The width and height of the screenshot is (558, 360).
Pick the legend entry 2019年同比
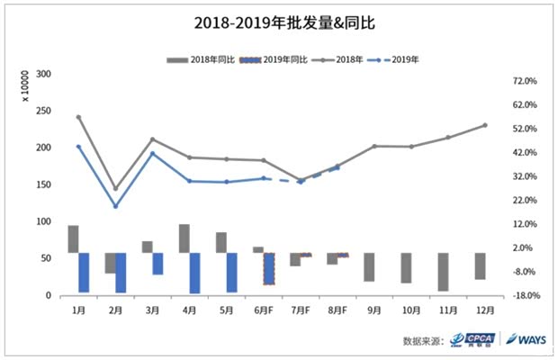coord(275,59)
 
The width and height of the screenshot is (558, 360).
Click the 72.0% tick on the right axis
coord(525,81)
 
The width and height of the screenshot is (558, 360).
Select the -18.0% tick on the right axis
coord(524,295)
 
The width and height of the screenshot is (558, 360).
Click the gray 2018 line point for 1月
coord(78,117)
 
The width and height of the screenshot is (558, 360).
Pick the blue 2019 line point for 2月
coord(115,206)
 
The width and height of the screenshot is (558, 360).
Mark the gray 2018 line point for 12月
coord(485,125)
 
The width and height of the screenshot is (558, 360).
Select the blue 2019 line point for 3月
coord(152,153)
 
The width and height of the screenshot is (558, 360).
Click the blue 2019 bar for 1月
coord(84,272)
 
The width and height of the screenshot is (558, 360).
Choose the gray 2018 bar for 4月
coord(184,238)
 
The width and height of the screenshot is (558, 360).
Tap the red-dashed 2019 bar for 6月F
coord(268,268)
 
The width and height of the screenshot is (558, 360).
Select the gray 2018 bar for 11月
coord(443,272)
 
